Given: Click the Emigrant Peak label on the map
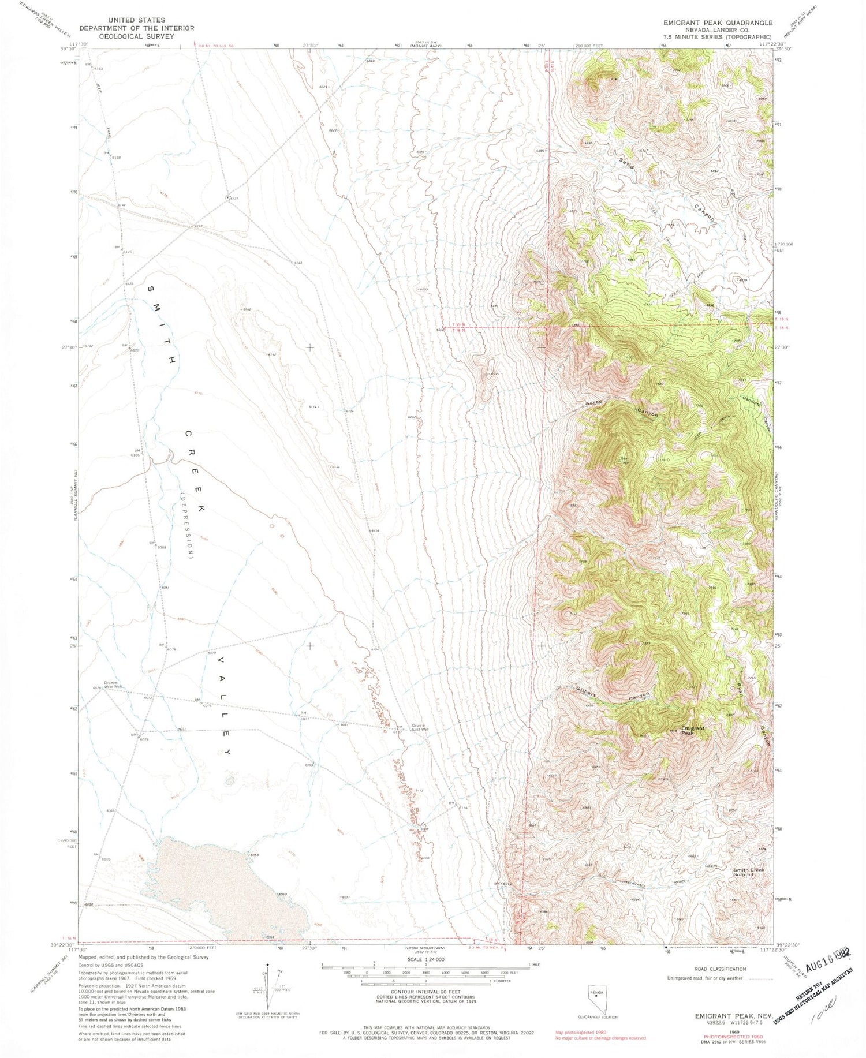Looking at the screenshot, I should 692,731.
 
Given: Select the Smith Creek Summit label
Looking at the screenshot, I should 752,872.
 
